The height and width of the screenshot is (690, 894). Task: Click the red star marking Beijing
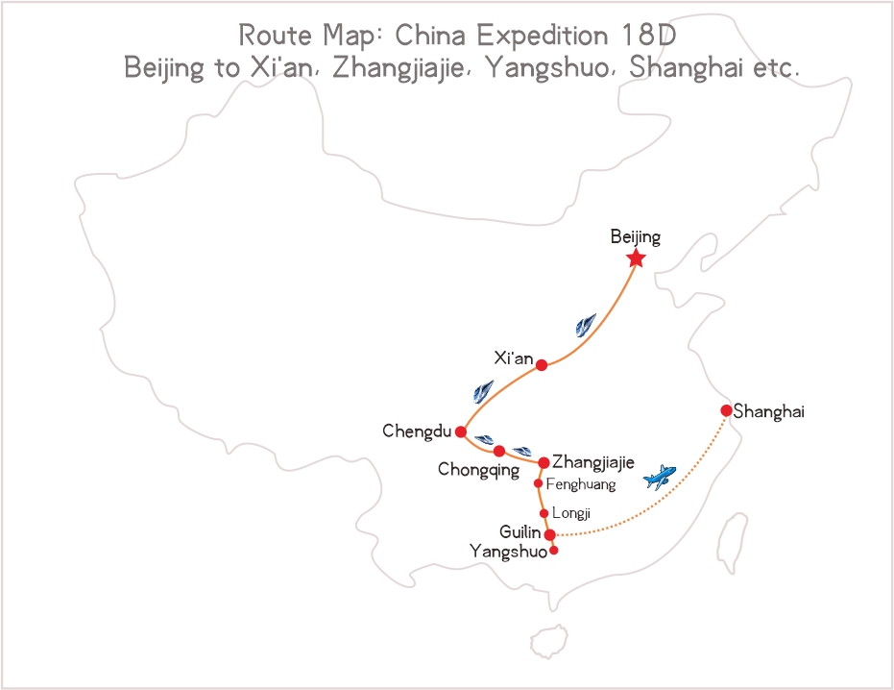click(x=635, y=259)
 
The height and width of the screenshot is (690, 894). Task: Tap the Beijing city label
click(x=636, y=235)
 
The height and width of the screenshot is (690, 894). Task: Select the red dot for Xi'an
click(x=542, y=365)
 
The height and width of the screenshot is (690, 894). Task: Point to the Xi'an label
click(x=513, y=358)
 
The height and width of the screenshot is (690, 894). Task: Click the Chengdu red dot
click(x=461, y=431)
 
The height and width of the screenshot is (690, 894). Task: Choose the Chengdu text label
click(x=417, y=431)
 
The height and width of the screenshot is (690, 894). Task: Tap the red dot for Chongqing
click(x=499, y=451)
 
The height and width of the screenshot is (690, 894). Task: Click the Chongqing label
click(x=478, y=470)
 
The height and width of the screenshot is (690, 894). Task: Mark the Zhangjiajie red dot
click(x=544, y=463)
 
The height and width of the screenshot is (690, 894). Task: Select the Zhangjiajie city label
click(x=593, y=462)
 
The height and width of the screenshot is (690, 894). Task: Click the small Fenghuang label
click(x=581, y=484)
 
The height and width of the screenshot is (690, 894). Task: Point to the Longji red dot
click(x=544, y=513)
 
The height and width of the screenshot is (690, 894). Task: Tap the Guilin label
click(x=520, y=531)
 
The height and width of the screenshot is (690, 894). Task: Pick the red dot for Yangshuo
click(x=554, y=551)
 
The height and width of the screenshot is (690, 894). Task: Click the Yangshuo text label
click(x=508, y=552)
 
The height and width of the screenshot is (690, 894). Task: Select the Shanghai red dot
click(x=726, y=410)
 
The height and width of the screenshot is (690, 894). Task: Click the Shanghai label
click(x=768, y=411)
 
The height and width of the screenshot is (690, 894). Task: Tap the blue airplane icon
click(x=660, y=476)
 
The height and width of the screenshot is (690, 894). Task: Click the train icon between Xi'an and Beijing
click(x=586, y=325)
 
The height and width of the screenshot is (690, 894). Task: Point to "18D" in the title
click(x=652, y=37)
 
